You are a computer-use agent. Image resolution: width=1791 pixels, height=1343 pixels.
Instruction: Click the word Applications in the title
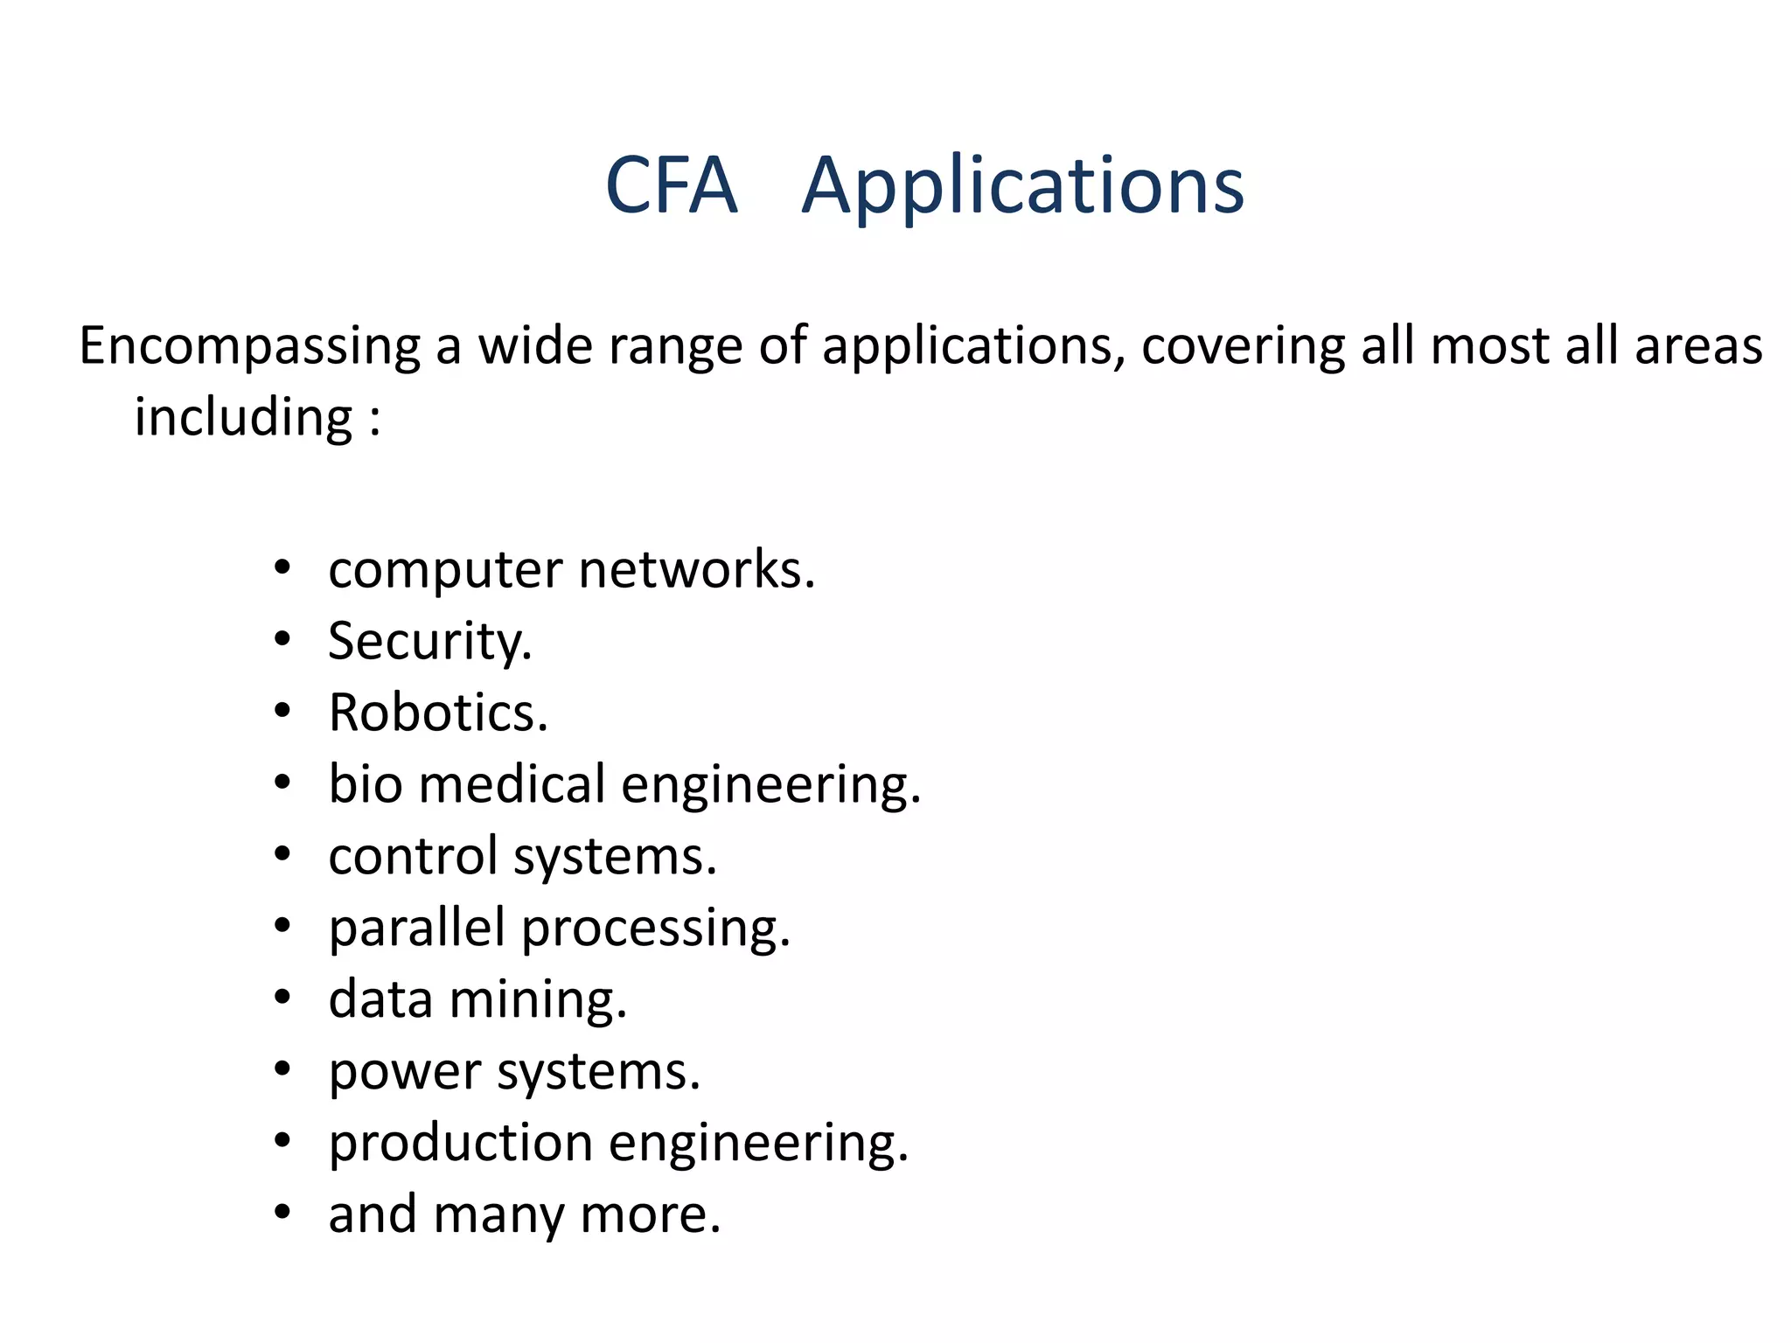coord(1022,186)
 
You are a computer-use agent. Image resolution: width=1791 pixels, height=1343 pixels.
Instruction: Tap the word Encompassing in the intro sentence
coord(250,346)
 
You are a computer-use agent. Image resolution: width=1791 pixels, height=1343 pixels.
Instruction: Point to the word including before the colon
coord(244,417)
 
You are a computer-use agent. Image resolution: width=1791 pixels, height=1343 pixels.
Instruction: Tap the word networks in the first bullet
coord(697,570)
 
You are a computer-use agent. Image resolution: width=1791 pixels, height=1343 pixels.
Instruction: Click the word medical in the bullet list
coord(512,784)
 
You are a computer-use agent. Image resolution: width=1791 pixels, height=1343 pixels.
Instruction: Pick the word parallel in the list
coord(416,928)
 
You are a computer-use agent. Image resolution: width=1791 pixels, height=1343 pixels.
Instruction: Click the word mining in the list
coord(538,999)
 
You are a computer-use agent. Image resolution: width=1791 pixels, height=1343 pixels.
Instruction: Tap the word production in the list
coord(461,1143)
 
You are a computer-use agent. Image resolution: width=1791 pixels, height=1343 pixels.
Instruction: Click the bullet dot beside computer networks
coord(282,568)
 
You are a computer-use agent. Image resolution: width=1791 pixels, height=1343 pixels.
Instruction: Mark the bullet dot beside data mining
coord(282,998)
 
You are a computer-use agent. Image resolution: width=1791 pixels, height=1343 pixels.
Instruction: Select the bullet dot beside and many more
coord(282,1213)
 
